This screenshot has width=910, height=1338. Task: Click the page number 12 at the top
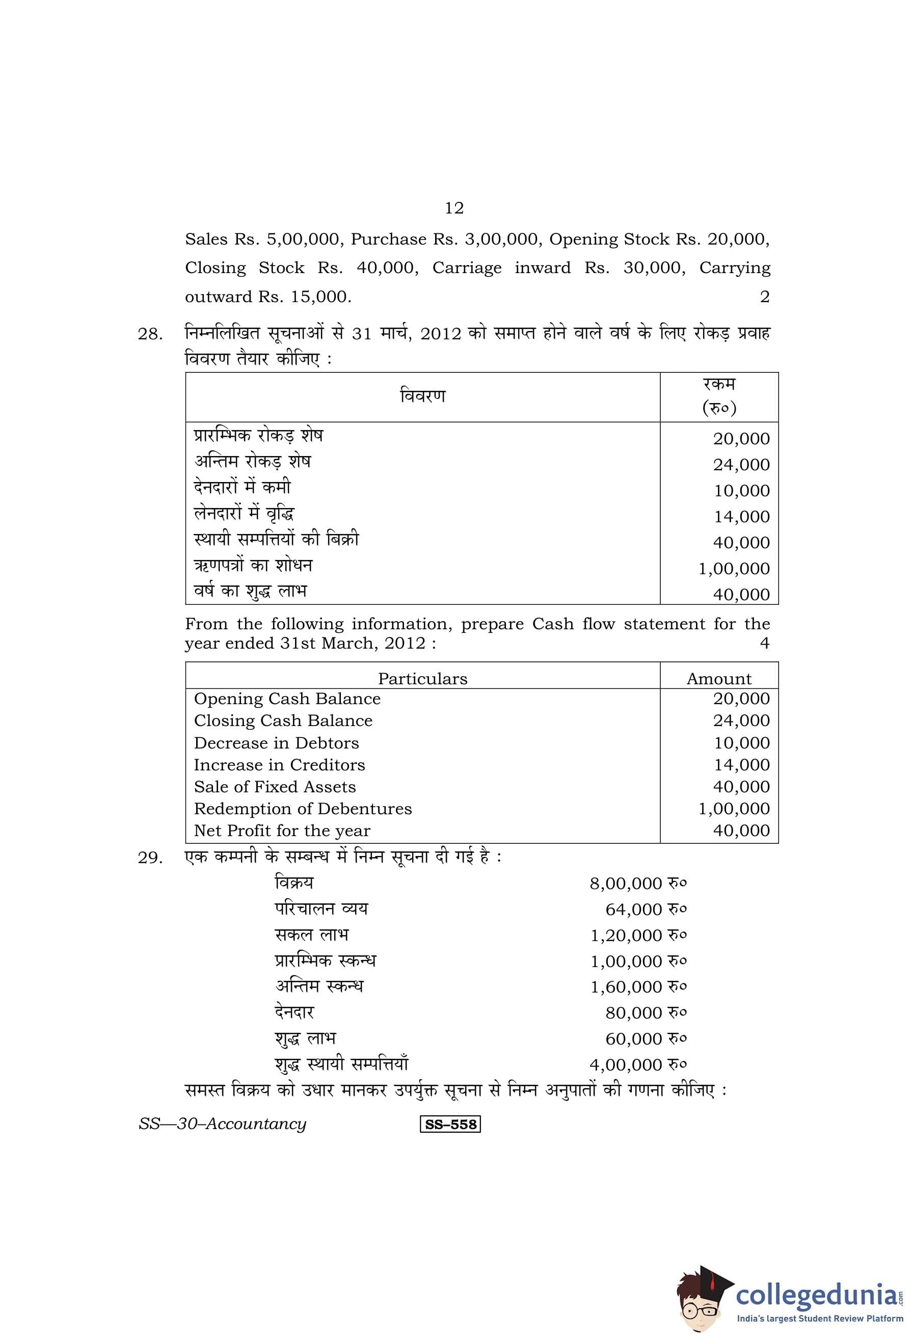coord(453,208)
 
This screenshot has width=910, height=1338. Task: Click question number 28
coord(150,334)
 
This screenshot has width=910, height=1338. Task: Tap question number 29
coord(150,858)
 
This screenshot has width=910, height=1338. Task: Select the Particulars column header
coord(422,679)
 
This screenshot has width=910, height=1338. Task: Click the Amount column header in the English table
coord(718,679)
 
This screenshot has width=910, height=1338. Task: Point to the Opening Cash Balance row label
coord(287,699)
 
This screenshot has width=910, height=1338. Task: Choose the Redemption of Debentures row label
coord(303,809)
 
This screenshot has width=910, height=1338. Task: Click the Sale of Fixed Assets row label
coord(275,787)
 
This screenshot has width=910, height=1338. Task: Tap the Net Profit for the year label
coord(282,831)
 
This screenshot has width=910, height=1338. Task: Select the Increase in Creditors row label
coord(279,765)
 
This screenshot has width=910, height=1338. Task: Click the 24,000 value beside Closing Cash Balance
coord(741,721)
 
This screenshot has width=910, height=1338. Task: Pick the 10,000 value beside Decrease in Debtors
coord(741,743)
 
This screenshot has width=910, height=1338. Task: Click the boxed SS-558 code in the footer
coord(450,1125)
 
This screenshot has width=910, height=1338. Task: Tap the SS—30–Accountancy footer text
coord(222,1124)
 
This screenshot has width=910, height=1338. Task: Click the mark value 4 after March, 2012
coord(764,643)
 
